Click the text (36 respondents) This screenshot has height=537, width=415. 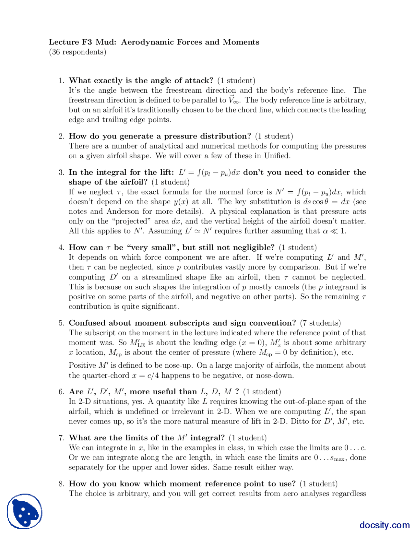click(77, 52)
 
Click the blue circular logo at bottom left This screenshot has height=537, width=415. click(25, 511)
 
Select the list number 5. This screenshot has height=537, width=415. click(61, 323)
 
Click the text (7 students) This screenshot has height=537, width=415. click(320, 323)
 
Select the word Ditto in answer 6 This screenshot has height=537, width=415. click(300, 421)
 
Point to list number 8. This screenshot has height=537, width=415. click(61, 484)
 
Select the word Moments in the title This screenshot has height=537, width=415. click(241, 42)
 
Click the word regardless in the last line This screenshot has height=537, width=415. click(350, 494)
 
